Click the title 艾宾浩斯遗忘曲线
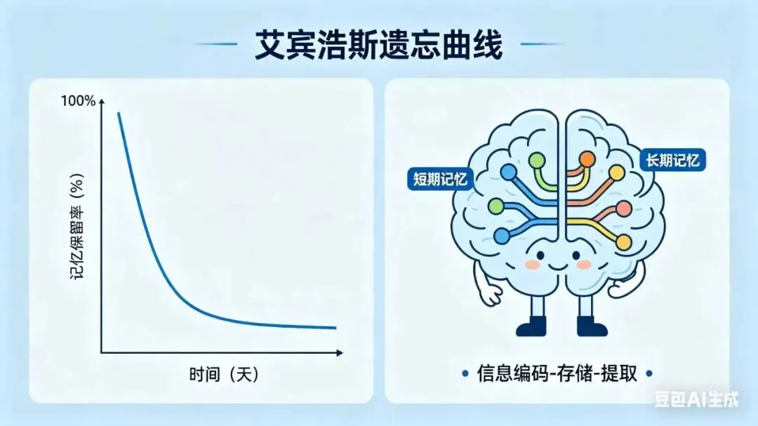tap(378, 47)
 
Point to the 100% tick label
tap(78, 101)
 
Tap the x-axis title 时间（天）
tap(224, 374)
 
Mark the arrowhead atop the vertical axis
tap(102, 102)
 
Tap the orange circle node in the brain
tap(587, 159)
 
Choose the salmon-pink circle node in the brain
tap(623, 208)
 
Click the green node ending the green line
tap(537, 161)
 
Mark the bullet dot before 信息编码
tap(465, 373)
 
